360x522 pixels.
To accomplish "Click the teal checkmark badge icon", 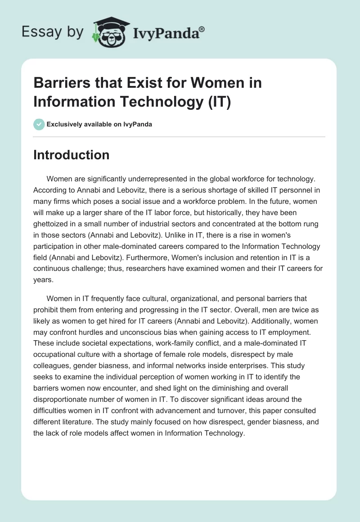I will tap(39, 124).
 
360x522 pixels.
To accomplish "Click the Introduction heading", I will tap(71, 155).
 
